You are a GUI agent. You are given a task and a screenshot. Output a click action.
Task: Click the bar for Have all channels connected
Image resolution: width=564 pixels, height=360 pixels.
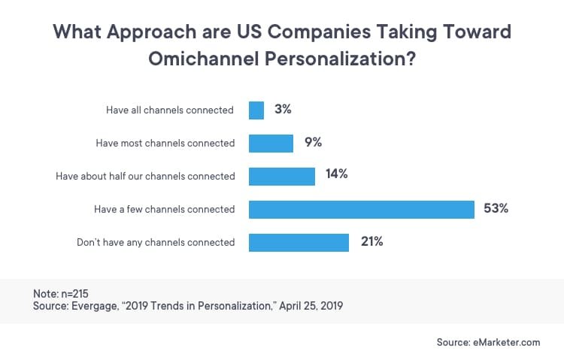point(256,110)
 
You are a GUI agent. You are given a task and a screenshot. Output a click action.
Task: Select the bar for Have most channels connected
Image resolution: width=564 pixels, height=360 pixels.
point(271,144)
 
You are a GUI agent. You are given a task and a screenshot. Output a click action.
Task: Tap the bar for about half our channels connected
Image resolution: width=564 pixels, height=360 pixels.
point(282,177)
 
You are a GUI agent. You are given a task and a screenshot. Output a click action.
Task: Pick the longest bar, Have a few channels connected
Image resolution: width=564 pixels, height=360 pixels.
point(362,210)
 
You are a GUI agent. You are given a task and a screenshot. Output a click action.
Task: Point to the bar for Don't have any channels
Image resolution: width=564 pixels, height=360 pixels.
point(299,243)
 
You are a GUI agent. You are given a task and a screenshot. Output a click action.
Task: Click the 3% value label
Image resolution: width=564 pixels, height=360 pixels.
point(283,109)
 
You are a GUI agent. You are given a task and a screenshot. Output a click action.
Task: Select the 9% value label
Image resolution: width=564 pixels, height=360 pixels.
point(313,142)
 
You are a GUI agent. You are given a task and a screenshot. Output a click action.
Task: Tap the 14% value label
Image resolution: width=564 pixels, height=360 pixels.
point(337,174)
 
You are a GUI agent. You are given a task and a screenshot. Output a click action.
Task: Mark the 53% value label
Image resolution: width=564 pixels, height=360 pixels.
point(496,208)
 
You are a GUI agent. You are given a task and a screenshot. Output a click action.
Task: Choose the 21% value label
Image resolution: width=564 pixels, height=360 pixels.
point(372,241)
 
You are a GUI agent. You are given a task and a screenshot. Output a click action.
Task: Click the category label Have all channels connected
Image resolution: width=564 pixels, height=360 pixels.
point(170,110)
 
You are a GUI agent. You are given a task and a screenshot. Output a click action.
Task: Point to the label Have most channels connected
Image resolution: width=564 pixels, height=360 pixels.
point(165,143)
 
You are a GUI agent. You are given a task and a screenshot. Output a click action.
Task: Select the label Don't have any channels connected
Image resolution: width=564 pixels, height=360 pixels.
point(156,243)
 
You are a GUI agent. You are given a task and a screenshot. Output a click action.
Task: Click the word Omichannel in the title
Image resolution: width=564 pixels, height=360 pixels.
point(204,59)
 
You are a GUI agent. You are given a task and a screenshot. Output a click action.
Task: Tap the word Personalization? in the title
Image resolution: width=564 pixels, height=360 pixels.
point(340,59)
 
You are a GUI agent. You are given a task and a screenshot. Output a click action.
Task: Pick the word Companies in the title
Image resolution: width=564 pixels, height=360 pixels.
point(319,32)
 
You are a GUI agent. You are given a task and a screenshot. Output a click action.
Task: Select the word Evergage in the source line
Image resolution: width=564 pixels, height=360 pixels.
point(94,307)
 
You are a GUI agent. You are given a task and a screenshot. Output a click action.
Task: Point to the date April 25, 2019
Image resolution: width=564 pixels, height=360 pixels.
point(311,306)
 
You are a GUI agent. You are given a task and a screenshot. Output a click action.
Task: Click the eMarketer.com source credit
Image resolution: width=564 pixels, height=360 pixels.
point(506,342)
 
